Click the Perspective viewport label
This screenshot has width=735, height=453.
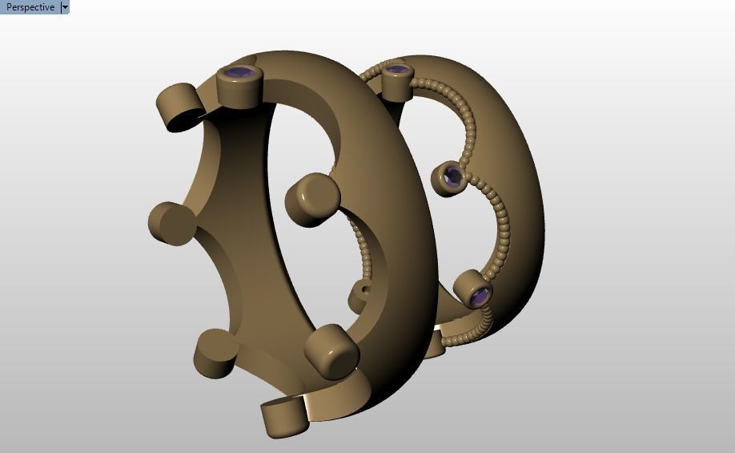coord(30,7)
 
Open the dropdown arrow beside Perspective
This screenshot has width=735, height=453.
coord(66,7)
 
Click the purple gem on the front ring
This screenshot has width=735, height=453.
coord(241,75)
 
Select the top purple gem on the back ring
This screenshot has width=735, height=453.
coord(396,71)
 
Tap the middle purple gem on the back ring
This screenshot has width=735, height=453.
coord(452,176)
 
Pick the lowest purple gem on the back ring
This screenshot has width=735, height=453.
coord(478,297)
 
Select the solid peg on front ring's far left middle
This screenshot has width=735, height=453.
coord(171,223)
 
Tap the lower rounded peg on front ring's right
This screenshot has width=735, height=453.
coord(331,351)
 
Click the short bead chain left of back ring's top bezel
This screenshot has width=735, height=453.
coord(370,73)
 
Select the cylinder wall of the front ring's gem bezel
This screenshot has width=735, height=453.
coord(240,93)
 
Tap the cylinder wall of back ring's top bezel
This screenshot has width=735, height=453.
coord(396,87)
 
